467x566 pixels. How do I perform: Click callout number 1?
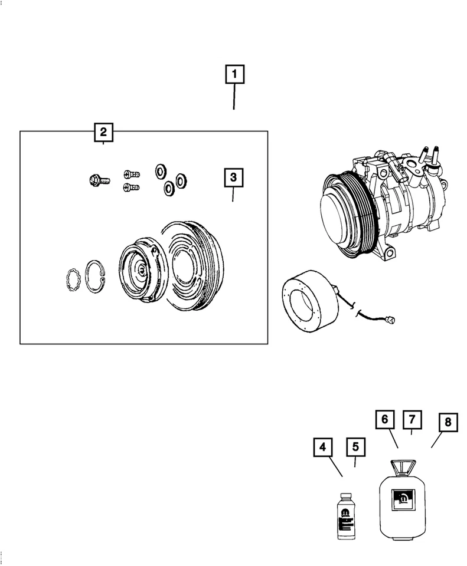(x=234, y=75)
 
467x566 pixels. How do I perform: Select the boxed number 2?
(x=103, y=131)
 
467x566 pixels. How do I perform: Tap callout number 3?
(x=233, y=177)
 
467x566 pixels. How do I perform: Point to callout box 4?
(x=322, y=448)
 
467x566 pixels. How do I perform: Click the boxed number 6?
(x=384, y=420)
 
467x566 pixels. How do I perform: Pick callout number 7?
(x=412, y=420)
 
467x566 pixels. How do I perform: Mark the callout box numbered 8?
(x=448, y=423)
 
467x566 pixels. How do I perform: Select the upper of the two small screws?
(x=132, y=174)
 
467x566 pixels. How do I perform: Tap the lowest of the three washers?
(x=168, y=188)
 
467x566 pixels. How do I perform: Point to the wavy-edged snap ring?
(x=71, y=279)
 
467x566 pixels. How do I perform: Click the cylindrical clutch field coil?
(x=307, y=304)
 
